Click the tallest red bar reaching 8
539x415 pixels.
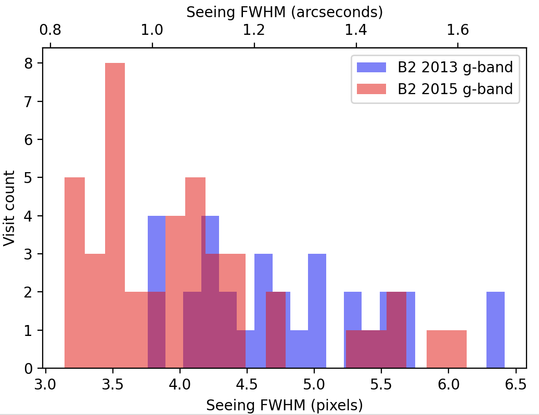coord(115,208)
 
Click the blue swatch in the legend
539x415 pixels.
coord(371,67)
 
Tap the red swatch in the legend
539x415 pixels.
coord(371,88)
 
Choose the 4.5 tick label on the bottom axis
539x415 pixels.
coord(247,386)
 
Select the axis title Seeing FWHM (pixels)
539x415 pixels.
coord(284,405)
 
